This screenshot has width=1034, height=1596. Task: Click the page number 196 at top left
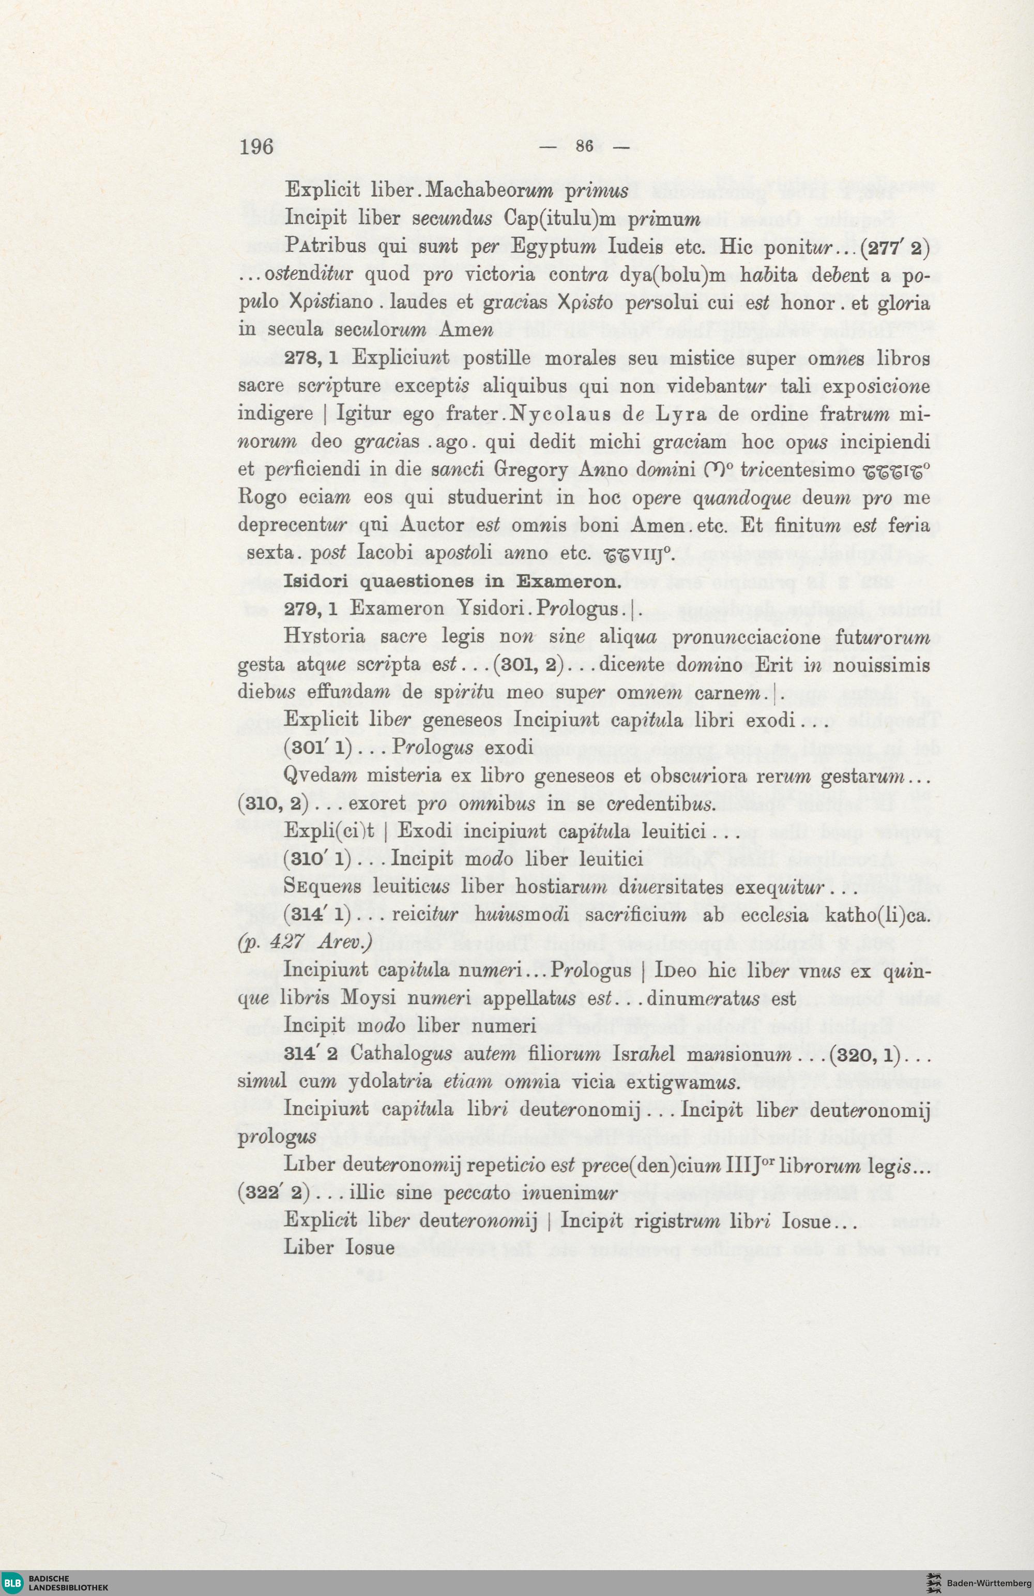point(257,146)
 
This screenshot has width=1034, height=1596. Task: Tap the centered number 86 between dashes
point(584,146)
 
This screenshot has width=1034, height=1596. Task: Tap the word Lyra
point(673,414)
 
